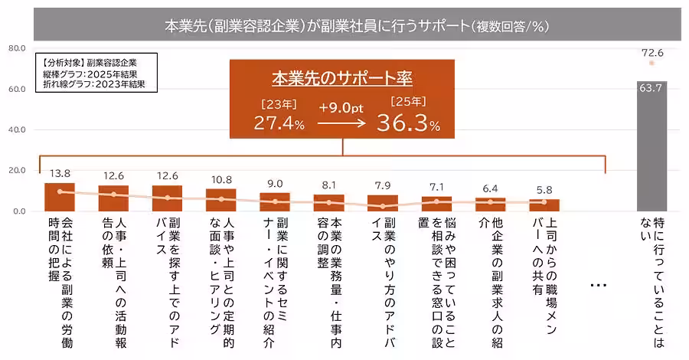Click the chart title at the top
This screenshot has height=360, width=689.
point(357,25)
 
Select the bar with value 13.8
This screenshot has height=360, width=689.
point(60,197)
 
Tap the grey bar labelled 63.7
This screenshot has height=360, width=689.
point(651,146)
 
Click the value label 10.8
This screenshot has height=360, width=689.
point(220,180)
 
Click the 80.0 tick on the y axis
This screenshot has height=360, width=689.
point(17,48)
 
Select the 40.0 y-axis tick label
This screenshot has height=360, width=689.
point(17,129)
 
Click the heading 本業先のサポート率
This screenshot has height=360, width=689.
point(342,78)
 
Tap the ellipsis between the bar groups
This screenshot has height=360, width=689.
point(599,285)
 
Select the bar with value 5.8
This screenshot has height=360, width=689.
point(544,205)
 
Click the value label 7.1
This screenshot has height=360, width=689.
point(436,187)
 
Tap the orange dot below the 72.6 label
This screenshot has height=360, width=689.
point(651,64)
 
